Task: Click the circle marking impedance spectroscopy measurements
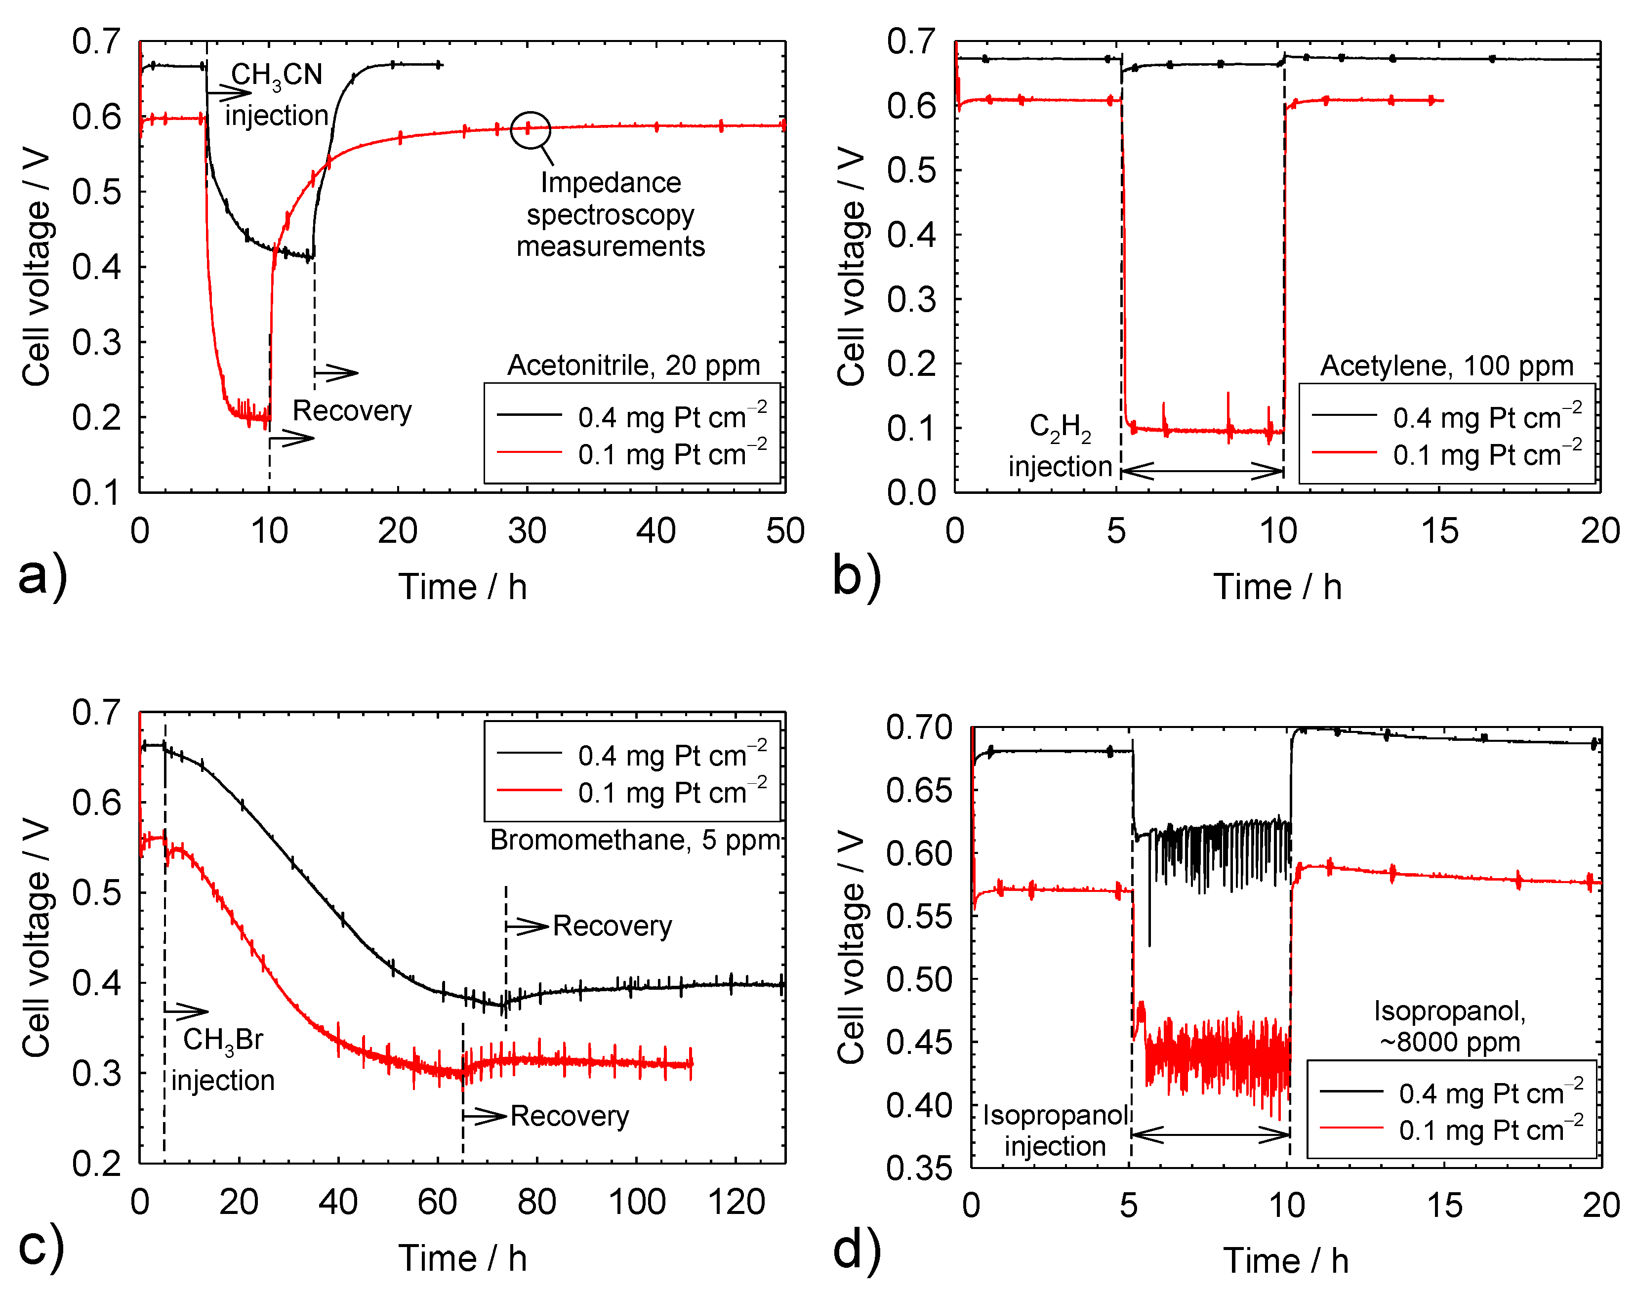click(x=530, y=129)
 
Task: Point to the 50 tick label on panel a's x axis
click(x=785, y=531)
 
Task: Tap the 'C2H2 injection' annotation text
click(x=1060, y=446)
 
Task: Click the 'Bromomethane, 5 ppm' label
click(x=635, y=840)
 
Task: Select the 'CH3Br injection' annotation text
click(x=223, y=1060)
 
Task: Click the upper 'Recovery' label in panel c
click(x=613, y=926)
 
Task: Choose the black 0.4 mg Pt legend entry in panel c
click(x=631, y=755)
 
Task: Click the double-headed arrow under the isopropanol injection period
click(x=1210, y=1134)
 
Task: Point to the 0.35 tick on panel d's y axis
click(x=919, y=1169)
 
